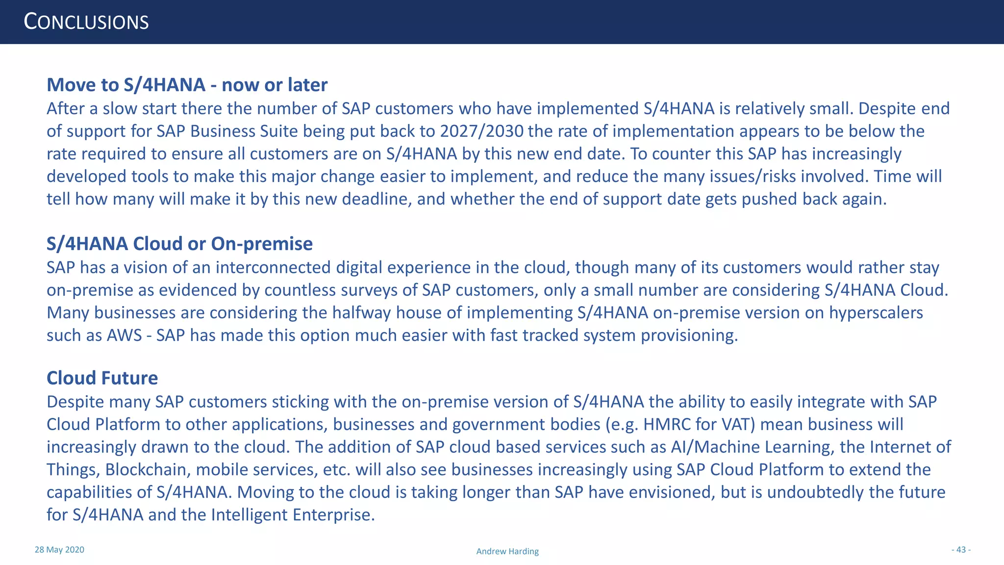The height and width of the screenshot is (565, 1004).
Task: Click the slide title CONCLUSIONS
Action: (86, 23)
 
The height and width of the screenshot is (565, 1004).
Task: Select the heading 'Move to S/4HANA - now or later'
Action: (187, 85)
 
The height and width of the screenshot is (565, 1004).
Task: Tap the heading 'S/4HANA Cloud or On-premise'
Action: (179, 244)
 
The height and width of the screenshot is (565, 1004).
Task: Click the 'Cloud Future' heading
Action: (102, 378)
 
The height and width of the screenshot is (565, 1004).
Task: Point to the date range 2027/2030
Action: (481, 131)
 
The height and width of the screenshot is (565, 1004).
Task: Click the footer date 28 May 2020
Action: (59, 550)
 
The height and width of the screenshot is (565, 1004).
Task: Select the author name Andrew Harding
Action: (507, 551)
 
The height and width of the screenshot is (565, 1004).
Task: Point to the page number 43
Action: (961, 550)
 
